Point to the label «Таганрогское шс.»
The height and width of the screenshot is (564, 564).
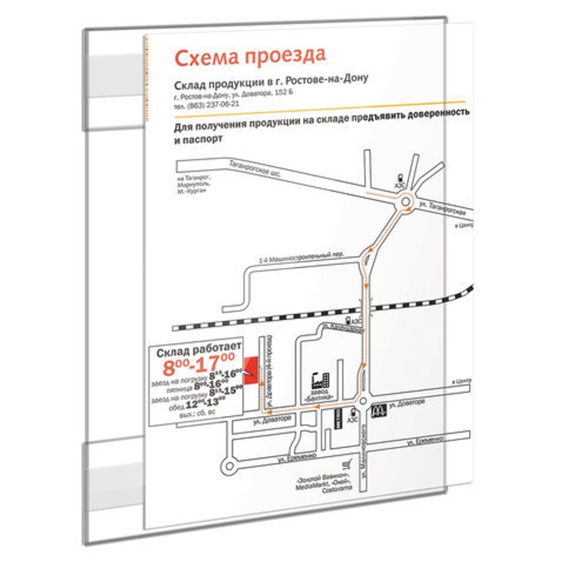pyautogui.click(x=254, y=171)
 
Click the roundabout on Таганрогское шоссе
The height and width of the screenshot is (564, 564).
pyautogui.click(x=406, y=204)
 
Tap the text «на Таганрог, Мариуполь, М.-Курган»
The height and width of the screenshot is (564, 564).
pyautogui.click(x=191, y=185)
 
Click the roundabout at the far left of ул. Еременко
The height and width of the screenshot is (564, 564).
pyautogui.click(x=230, y=466)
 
